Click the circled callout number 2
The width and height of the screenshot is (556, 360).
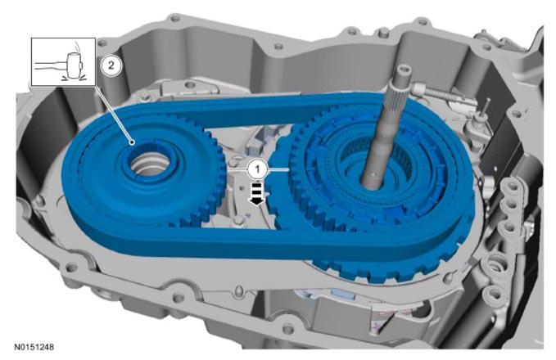(x=111, y=65)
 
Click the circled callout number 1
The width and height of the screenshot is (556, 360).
(x=258, y=169)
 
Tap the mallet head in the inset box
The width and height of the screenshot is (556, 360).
(x=75, y=65)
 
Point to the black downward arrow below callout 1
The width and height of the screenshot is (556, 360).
(x=257, y=193)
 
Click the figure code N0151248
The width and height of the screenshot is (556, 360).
(x=34, y=347)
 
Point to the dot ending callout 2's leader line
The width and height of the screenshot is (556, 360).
(x=133, y=143)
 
